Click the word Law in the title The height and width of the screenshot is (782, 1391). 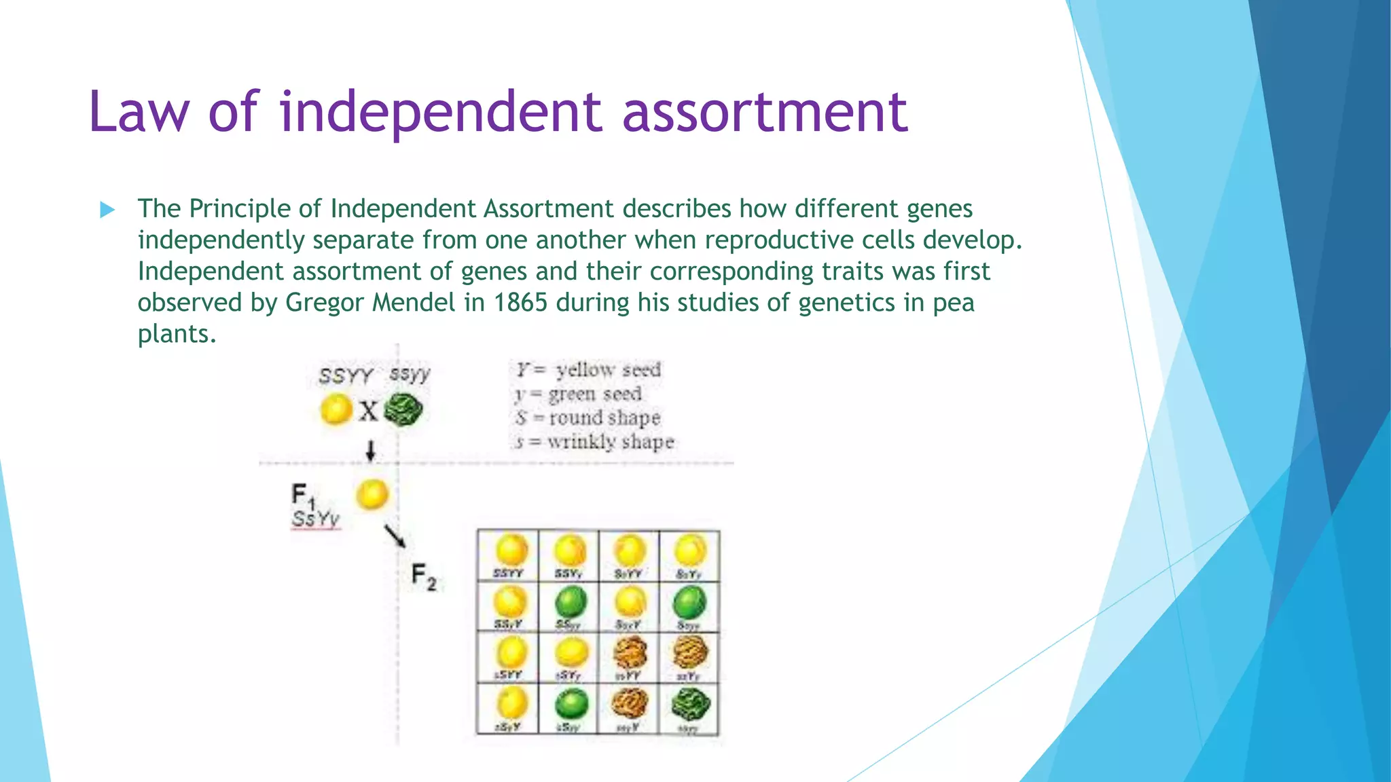139,112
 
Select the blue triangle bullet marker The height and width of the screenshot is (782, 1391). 107,210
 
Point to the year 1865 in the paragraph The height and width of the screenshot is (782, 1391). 520,303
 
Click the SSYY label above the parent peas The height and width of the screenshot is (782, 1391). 346,375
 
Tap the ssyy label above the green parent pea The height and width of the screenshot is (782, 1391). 410,373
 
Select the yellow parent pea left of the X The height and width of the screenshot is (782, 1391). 336,410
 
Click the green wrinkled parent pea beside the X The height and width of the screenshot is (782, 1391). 403,410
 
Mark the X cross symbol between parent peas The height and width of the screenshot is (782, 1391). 368,411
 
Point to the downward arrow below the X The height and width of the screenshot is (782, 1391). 370,450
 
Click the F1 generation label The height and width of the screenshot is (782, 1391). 302,496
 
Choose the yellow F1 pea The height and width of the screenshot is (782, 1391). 372,494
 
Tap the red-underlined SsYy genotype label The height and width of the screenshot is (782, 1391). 316,519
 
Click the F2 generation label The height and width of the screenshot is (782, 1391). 424,577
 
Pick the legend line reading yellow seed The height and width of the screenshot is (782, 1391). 588,370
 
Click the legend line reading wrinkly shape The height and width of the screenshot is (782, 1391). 595,442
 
